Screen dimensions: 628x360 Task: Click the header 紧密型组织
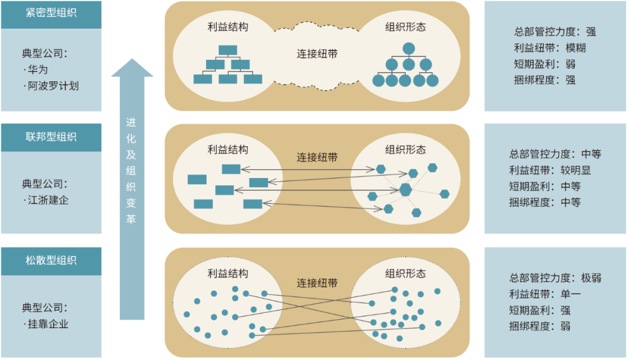click(x=51, y=15)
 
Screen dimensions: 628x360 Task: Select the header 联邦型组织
click(x=51, y=137)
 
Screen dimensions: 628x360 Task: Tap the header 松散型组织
click(x=51, y=260)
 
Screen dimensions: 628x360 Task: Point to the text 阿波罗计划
click(x=53, y=86)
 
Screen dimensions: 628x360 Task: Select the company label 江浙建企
click(x=49, y=201)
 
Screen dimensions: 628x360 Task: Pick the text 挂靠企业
click(x=49, y=324)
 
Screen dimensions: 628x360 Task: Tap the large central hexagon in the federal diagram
click(x=405, y=190)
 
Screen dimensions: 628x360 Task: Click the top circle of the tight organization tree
click(x=409, y=49)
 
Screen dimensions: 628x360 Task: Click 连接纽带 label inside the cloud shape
click(x=317, y=54)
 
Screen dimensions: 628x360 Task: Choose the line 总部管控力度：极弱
click(x=555, y=278)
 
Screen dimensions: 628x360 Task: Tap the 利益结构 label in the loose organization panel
click(x=227, y=273)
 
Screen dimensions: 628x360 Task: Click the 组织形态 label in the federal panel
click(x=405, y=150)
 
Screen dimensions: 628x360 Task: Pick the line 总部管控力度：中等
click(x=555, y=154)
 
